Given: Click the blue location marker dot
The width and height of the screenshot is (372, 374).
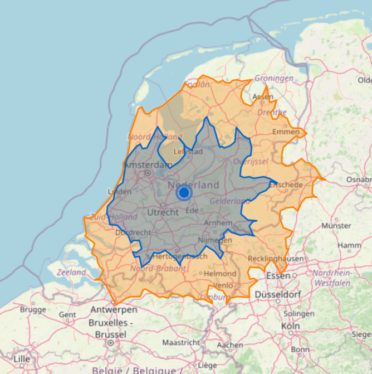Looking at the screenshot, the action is point(184,192).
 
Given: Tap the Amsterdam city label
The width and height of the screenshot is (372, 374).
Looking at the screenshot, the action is point(148,165).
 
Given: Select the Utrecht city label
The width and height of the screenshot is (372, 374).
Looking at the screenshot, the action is point(164,212).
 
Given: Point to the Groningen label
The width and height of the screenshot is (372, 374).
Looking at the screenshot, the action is point(274,79).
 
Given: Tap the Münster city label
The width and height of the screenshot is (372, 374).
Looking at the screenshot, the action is point(337,226).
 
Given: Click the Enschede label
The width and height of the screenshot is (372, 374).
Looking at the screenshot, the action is point(286,184).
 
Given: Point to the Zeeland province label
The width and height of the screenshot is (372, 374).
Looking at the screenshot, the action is point(71,273).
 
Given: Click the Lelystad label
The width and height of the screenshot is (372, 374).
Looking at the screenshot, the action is point(187,151).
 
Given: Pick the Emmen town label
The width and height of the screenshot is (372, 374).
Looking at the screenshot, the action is point(286,132).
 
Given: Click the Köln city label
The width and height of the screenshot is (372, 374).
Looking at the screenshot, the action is point(290,326).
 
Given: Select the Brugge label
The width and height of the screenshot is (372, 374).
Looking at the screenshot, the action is point(33,309).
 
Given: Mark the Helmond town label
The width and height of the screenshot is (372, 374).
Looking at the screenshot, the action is point(221,274).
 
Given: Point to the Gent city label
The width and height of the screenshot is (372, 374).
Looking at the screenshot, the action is point(67,315).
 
